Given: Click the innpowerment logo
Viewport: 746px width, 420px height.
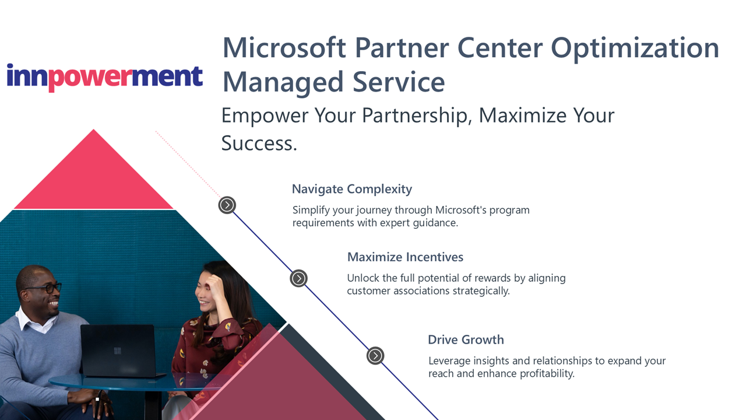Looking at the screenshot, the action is coord(104,78).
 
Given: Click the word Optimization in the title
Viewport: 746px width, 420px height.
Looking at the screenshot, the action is coord(635,48).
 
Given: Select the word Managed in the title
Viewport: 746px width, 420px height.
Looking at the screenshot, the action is coord(283,82).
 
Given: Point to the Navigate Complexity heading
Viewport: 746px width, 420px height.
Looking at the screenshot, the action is coord(352,190).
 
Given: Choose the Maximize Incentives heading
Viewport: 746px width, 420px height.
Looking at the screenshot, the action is coord(405,257).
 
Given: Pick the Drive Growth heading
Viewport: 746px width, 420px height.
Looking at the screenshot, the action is coord(466,339).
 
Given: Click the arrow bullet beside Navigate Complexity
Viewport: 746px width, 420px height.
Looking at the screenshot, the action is coord(227,205).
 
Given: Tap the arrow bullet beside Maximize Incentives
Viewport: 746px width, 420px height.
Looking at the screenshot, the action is coord(298,278).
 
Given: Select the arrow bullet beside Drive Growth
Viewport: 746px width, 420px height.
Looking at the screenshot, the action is coord(375,356).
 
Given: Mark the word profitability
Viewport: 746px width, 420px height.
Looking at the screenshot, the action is coord(547,374).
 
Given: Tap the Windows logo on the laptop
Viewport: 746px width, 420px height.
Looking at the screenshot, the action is coord(117,351).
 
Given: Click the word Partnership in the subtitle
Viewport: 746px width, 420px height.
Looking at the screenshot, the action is coord(417,116).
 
